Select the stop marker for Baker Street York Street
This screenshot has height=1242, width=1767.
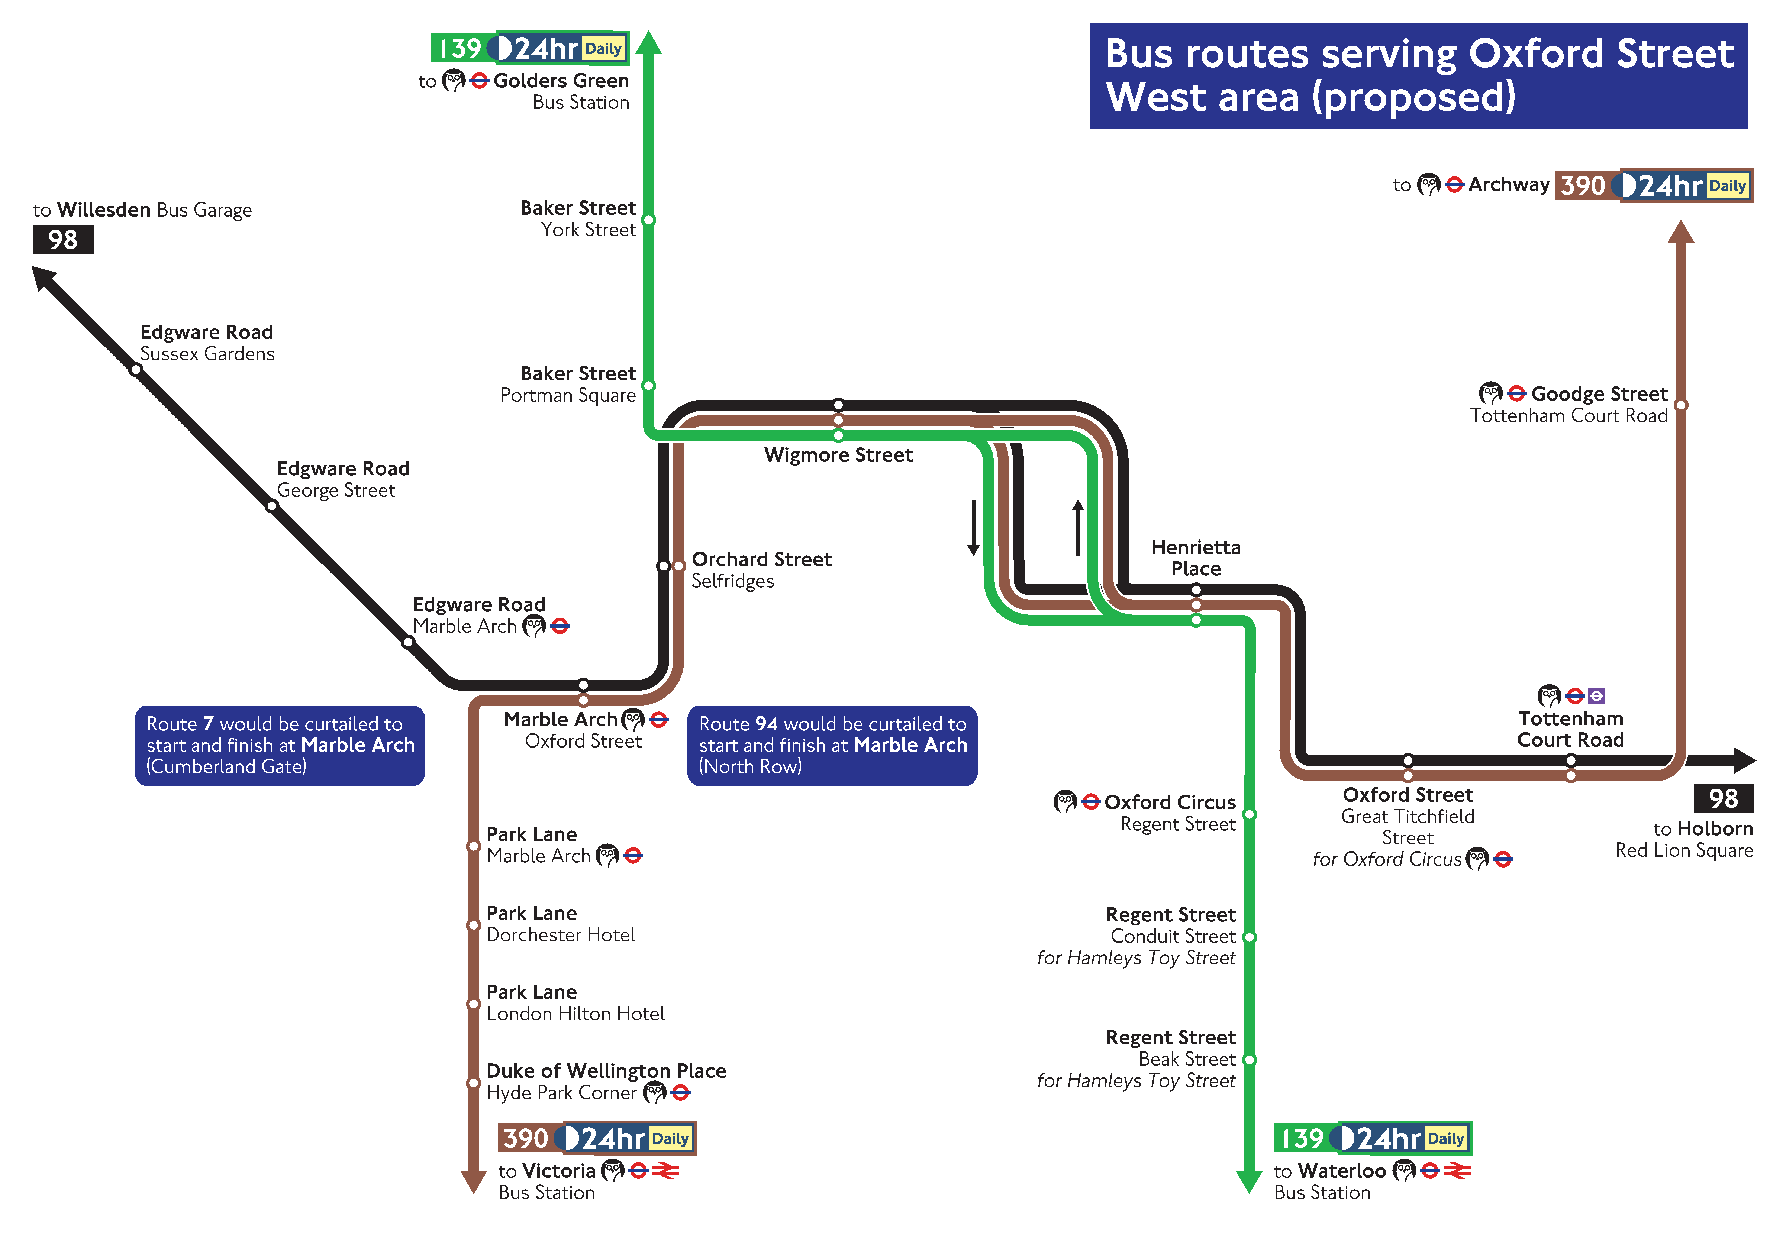point(649,220)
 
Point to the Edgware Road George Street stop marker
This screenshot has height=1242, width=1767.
point(272,506)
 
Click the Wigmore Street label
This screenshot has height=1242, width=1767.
point(838,455)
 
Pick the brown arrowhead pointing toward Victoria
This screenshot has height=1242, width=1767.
point(473,1181)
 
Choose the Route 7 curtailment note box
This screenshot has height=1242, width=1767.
point(279,745)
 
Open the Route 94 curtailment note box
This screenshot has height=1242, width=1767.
point(832,745)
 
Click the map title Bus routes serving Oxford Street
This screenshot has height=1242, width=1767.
point(1418,75)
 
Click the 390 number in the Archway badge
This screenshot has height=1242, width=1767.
point(1583,185)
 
